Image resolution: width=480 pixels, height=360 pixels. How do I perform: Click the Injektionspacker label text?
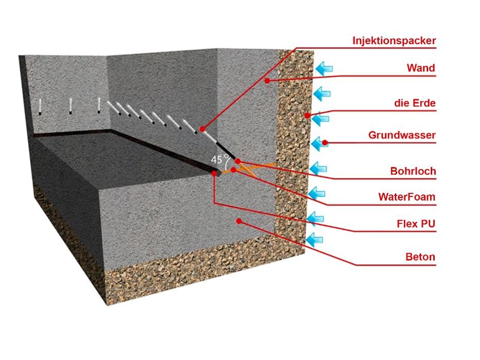[x=394, y=41]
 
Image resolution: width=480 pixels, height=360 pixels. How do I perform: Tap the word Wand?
[x=420, y=68]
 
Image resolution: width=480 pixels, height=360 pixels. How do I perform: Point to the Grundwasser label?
[x=402, y=135]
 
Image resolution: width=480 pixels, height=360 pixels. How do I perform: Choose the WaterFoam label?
[x=407, y=196]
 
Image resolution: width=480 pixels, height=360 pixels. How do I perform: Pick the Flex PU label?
[x=416, y=224]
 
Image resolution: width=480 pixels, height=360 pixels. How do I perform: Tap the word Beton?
[x=420, y=257]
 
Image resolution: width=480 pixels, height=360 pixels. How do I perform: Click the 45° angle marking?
[x=217, y=159]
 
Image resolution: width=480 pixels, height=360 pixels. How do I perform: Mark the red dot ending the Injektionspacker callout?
[x=203, y=129]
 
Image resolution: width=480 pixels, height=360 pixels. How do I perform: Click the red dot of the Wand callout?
[x=267, y=80]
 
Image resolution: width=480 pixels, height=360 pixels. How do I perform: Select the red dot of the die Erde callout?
[x=307, y=115]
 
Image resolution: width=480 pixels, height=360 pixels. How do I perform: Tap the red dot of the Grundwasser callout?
[x=325, y=142]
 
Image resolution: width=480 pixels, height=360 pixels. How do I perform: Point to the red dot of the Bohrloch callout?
[x=237, y=161]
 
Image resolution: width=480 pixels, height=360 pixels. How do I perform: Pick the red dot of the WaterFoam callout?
[x=233, y=169]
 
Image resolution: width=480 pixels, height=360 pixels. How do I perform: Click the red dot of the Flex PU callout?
[x=214, y=174]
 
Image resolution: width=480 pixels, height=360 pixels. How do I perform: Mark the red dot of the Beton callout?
[x=238, y=221]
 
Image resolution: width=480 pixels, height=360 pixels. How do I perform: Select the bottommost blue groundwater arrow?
[x=315, y=239]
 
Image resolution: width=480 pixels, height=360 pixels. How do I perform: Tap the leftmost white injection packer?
[x=40, y=106]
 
